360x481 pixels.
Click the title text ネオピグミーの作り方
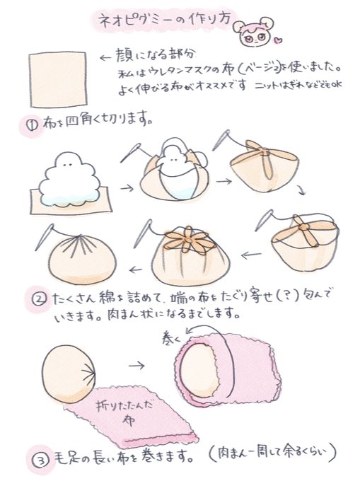tap(165, 20)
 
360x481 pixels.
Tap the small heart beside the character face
tap(279, 40)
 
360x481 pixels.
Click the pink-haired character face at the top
tap(253, 31)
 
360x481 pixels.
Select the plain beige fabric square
tap(58, 79)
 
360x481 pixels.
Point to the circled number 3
tap(40, 460)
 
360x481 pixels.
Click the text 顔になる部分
tap(155, 55)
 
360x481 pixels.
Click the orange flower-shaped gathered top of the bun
tap(189, 240)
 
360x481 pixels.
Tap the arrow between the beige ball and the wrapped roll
tap(137, 366)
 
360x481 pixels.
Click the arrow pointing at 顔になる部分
tap(106, 58)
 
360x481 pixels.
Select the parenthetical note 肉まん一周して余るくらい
tap(272, 453)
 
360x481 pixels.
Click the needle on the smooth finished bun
tap(45, 237)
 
